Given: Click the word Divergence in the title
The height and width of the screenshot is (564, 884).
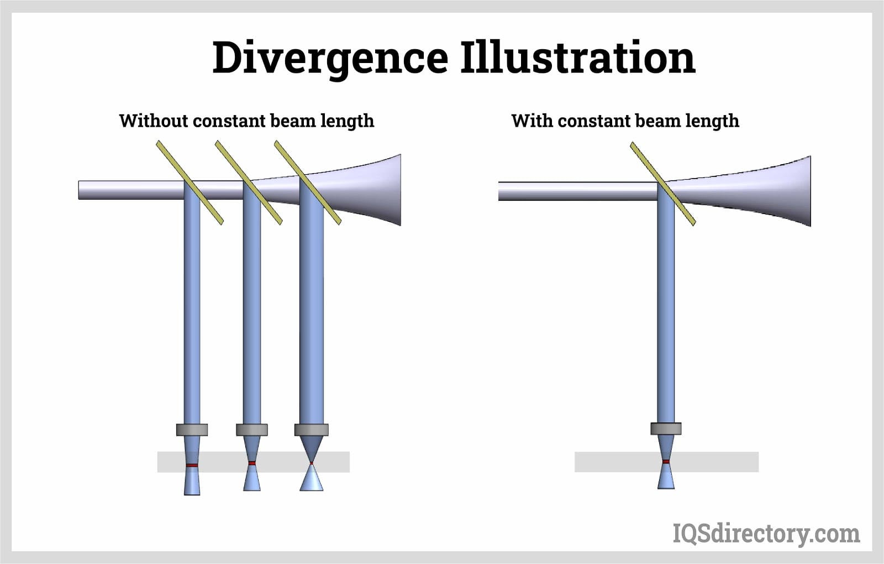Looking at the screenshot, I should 330,58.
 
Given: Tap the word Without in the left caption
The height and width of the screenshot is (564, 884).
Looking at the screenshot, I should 153,121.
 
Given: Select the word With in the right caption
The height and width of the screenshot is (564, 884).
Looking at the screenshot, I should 532,121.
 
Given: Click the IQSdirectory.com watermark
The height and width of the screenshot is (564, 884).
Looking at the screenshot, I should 766,534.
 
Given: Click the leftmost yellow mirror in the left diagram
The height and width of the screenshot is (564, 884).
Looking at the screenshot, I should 190,182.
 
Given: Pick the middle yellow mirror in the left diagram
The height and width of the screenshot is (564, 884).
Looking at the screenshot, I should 249,182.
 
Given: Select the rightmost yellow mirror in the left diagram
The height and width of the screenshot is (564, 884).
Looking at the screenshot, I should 308,182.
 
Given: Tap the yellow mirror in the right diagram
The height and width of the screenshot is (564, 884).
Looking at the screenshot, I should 662,184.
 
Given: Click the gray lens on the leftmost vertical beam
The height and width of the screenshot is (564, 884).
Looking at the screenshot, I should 192,430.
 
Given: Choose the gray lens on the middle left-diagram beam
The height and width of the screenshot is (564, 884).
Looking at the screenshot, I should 251,430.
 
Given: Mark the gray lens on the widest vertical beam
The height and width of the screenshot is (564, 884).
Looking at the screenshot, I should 311,430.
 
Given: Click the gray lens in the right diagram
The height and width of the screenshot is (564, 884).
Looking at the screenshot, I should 666,429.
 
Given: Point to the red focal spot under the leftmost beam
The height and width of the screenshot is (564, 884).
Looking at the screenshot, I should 192,466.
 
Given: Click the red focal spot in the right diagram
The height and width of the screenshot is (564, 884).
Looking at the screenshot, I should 666,461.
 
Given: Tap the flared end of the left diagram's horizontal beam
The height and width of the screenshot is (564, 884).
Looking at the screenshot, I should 381,190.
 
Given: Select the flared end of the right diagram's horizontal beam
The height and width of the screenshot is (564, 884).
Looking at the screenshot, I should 790,191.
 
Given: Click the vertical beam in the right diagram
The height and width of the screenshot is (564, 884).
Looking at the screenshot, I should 666,310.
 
